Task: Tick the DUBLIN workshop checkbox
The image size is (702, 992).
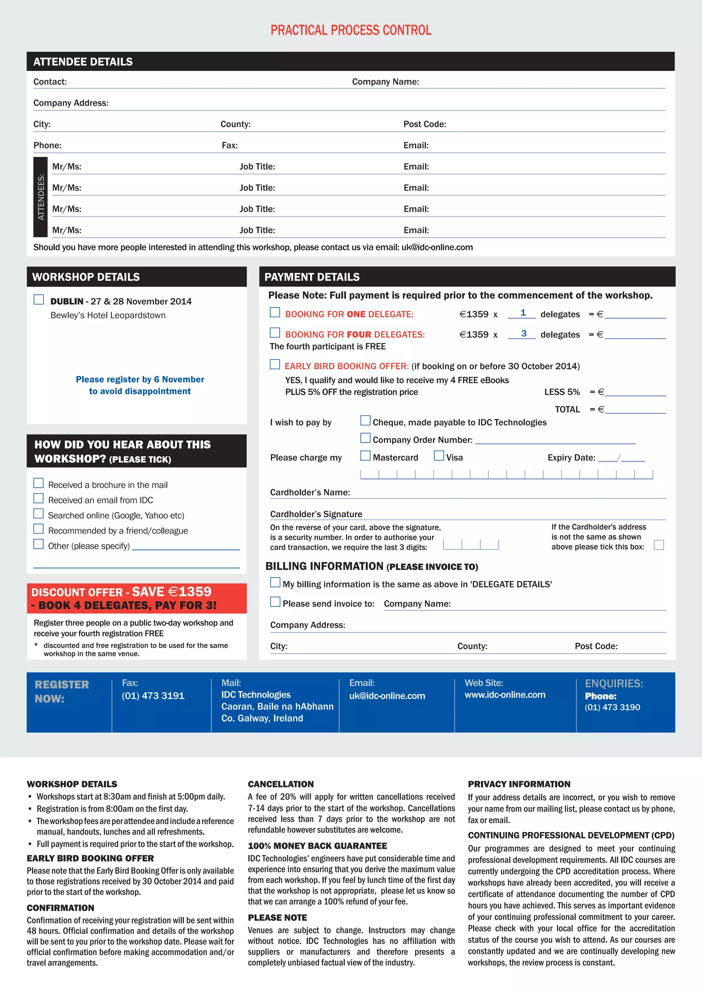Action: click(x=39, y=299)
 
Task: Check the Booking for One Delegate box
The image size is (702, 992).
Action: click(x=275, y=312)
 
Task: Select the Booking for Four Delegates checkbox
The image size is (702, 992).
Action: click(x=275, y=333)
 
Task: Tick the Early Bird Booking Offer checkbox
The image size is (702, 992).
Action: click(x=275, y=364)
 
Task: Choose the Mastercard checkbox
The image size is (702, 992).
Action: click(x=365, y=456)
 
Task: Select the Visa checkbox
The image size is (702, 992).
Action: click(x=439, y=456)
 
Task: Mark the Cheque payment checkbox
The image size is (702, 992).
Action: click(x=365, y=420)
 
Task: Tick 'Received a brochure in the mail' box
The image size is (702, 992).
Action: click(x=38, y=483)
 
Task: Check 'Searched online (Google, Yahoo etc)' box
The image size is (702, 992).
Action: click(x=38, y=514)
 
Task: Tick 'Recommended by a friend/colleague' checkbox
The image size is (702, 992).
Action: click(x=38, y=529)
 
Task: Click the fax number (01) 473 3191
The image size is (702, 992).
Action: click(x=153, y=696)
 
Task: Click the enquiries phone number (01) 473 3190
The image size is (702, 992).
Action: click(x=612, y=707)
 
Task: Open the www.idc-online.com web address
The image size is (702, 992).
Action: click(x=505, y=695)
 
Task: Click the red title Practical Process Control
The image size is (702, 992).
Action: click(x=351, y=30)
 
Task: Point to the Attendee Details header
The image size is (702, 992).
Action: click(x=83, y=62)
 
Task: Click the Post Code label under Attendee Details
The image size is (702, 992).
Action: click(x=424, y=124)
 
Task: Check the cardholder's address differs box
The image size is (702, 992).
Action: click(x=659, y=545)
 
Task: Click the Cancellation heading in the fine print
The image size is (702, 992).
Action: click(x=280, y=784)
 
